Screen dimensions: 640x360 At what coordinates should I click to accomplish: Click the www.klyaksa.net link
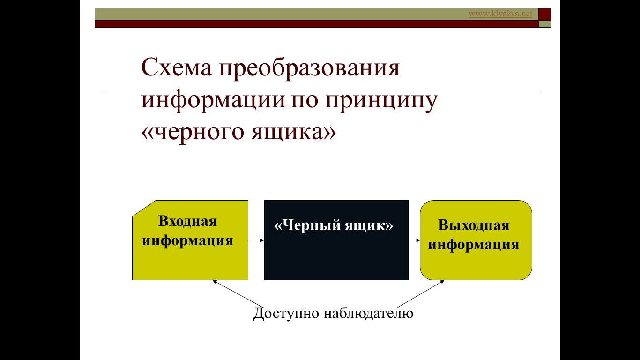click(x=500, y=14)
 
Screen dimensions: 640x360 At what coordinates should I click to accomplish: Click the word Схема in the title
click(x=177, y=67)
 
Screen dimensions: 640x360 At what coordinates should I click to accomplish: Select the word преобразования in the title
click(x=309, y=68)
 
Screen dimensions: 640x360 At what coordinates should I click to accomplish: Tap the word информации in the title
click(x=213, y=101)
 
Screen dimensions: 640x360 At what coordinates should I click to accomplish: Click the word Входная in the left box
click(x=187, y=221)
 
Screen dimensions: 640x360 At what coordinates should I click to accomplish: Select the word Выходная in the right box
click(x=474, y=225)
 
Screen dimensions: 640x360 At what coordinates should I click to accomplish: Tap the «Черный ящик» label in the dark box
click(x=334, y=225)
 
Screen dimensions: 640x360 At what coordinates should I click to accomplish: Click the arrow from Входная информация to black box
click(x=256, y=240)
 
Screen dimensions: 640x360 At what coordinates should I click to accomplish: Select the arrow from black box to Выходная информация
click(x=414, y=240)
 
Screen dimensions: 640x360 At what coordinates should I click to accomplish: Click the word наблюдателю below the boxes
click(x=369, y=313)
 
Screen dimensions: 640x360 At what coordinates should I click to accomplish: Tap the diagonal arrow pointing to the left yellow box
click(x=238, y=293)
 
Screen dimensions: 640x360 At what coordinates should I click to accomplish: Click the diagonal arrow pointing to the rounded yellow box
click(x=420, y=293)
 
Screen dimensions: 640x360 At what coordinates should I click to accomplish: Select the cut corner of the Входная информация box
click(x=144, y=208)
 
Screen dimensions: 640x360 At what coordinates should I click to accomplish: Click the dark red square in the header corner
click(x=544, y=15)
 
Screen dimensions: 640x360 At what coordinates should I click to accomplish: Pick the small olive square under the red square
click(x=544, y=24)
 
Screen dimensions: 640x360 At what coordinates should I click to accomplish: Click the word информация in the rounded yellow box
click(x=473, y=245)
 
